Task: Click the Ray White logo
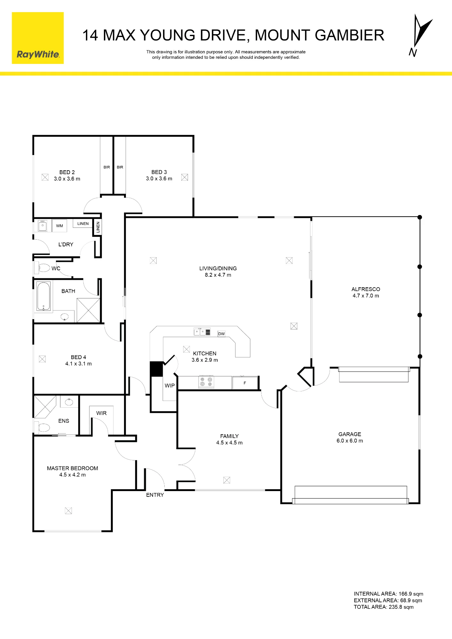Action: (38, 38)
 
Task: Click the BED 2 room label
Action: (67, 172)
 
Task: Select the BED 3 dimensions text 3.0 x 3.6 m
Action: (159, 179)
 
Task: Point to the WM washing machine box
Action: (59, 226)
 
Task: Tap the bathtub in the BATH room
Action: (43, 296)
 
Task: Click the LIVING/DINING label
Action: (218, 268)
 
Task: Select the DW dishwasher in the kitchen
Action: (222, 334)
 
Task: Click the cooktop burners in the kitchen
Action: (206, 382)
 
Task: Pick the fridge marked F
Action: (245, 383)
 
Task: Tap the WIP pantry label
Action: (170, 386)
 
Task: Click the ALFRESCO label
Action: (366, 289)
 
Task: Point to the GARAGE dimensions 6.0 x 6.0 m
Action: (350, 441)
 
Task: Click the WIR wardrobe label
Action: (101, 413)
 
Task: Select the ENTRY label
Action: (155, 495)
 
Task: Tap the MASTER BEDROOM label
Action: (73, 468)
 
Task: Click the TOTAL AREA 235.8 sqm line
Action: (384, 607)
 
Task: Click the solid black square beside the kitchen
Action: (156, 369)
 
